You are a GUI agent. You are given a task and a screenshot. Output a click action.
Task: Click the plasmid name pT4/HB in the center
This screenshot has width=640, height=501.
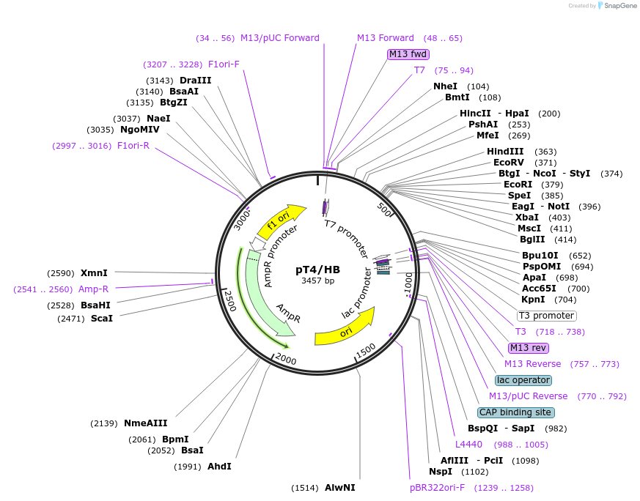point(317,269)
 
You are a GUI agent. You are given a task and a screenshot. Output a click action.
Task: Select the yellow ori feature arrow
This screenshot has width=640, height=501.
point(345,330)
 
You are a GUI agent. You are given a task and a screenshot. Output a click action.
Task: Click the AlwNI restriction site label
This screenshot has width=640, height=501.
point(340,488)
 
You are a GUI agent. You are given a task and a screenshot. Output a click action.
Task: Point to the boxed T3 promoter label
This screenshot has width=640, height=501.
point(546,316)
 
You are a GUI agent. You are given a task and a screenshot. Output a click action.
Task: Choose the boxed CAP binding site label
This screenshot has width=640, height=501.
point(515,412)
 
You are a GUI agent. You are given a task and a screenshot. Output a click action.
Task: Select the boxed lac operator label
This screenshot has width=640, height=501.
point(523,380)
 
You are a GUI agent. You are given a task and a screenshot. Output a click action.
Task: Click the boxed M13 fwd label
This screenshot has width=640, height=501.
point(408,54)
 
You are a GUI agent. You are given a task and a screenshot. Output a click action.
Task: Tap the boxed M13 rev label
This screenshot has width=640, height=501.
point(529,348)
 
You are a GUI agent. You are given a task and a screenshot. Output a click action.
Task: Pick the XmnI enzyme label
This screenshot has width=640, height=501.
point(94,272)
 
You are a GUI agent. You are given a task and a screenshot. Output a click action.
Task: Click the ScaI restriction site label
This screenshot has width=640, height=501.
point(102,319)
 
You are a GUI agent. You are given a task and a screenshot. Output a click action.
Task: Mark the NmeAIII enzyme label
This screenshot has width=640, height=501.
point(145,423)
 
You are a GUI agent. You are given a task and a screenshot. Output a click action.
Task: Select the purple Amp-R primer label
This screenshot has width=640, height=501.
point(93,289)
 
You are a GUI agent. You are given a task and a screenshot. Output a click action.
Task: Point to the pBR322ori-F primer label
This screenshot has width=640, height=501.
point(437,488)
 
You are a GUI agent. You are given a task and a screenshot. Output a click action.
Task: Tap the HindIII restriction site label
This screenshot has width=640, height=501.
point(506,152)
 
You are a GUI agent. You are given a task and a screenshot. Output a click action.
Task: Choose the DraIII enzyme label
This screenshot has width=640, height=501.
point(195,81)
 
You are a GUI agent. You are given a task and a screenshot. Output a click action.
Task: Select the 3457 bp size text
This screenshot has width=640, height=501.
point(317,281)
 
